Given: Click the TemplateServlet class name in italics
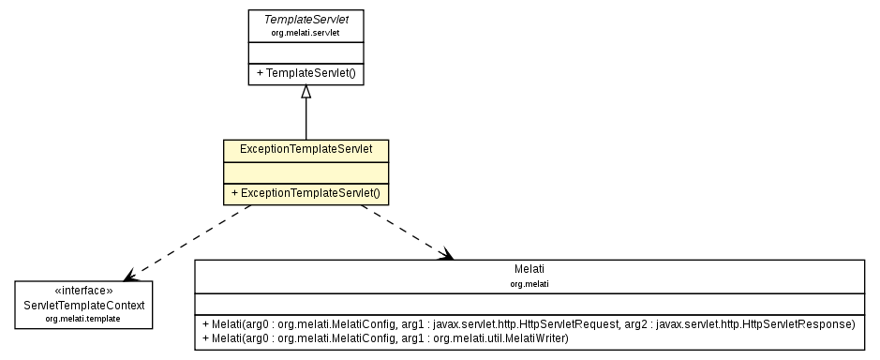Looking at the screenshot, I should pyautogui.click(x=305, y=19).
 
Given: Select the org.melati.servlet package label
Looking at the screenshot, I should pyautogui.click(x=305, y=33).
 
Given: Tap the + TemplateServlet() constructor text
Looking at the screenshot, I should pyautogui.click(x=306, y=72).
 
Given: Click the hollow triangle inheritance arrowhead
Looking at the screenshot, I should pyautogui.click(x=306, y=92).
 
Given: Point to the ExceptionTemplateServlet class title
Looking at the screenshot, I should pyautogui.click(x=306, y=149).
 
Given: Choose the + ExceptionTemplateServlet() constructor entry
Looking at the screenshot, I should pyautogui.click(x=306, y=192).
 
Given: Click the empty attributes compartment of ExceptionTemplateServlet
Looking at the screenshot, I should pyautogui.click(x=306, y=171).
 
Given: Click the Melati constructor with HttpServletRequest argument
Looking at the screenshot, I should pyautogui.click(x=529, y=323).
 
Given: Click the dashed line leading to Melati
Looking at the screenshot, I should pyautogui.click(x=403, y=231).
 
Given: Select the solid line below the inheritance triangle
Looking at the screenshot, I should pyautogui.click(x=306, y=120).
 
